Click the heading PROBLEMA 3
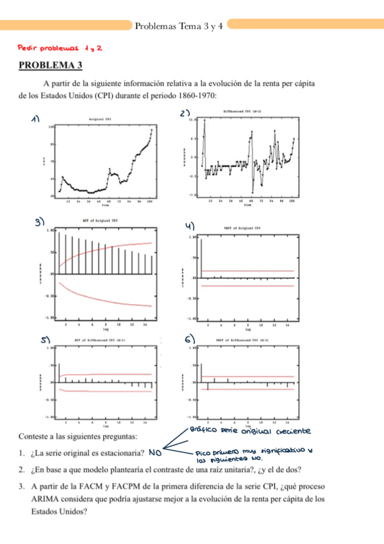coord(51,65)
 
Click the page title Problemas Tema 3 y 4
coord(179,26)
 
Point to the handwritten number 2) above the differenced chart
coord(185,114)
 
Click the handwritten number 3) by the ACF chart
coord(40,222)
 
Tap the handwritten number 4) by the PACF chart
coord(190,225)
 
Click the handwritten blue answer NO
coord(154,453)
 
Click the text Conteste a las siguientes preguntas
coord(78,438)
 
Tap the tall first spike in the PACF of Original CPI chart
coord(202,257)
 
